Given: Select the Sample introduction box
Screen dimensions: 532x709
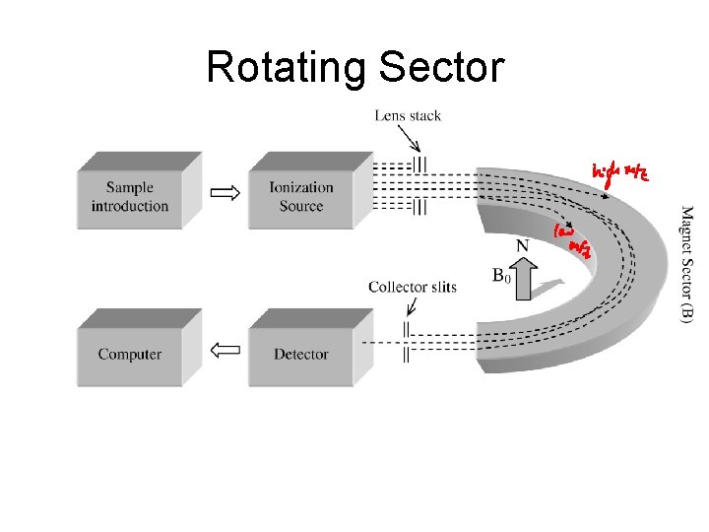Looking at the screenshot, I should pos(130,197).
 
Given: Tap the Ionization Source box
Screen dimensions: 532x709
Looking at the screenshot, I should pos(301,197).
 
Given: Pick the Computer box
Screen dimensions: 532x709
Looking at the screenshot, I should pos(130,355).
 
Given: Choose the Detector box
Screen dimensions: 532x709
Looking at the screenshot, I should pos(301,355).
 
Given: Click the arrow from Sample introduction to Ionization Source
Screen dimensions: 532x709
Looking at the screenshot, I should pos(226,192).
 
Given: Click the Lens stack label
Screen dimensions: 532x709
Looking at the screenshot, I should pos(408,116).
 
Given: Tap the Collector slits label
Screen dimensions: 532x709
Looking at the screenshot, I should pos(413,287).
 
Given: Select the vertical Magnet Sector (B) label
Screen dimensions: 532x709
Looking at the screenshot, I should pos(687,262).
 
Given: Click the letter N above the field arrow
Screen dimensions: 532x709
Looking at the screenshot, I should pos(522,244).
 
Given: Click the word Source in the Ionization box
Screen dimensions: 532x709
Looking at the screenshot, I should pos(301,207).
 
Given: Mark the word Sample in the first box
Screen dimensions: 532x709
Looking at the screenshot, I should pos(130,188).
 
